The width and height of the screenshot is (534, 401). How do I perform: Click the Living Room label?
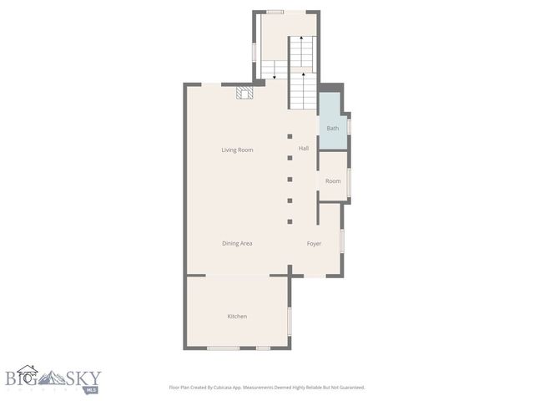point(237,150)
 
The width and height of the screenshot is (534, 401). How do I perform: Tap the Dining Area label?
point(237,243)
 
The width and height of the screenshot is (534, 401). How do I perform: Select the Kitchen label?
point(237,316)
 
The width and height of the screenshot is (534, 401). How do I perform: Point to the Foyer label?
point(314,243)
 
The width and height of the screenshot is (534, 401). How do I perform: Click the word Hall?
point(304,149)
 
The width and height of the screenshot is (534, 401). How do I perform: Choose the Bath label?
point(333,128)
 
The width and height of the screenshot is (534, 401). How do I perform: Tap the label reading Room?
point(333,180)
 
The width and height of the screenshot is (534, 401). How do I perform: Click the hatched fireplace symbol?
point(244,94)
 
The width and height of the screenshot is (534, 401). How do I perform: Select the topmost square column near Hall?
point(290,136)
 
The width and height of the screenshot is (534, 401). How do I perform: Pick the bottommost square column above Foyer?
point(290,221)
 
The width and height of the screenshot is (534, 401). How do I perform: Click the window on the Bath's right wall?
point(350,127)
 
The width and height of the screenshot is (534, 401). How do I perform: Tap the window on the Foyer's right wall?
point(342,242)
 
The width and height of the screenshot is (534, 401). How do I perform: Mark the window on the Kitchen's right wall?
point(290,320)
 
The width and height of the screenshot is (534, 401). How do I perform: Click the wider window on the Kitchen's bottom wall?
point(224,348)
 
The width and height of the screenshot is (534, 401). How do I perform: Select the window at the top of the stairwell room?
point(275,12)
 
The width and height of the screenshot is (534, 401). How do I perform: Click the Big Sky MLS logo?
point(53,380)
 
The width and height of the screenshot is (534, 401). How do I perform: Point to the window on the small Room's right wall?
point(350,180)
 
